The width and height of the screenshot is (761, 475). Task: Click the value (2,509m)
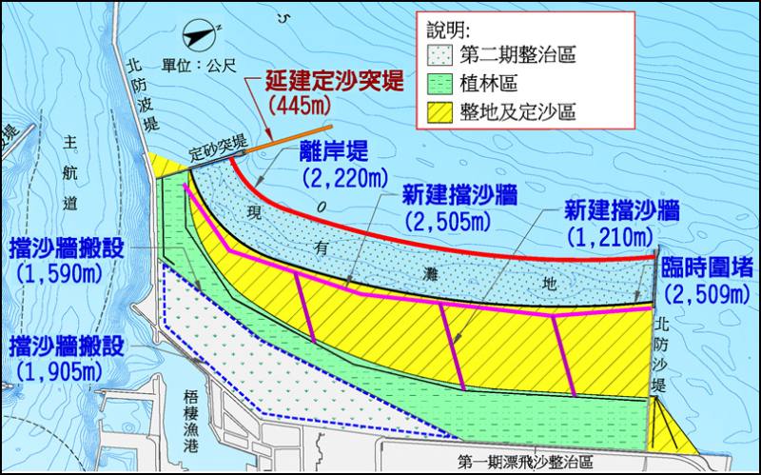pos(708,295)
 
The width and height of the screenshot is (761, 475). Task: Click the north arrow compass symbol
pos(202,38)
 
